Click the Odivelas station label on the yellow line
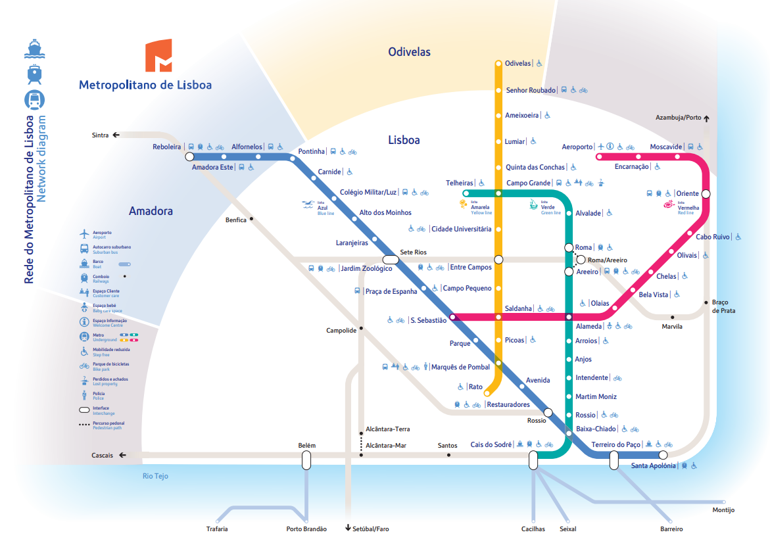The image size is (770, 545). pos(517,63)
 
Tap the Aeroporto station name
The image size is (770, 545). pos(577,147)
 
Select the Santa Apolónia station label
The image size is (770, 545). pos(653,466)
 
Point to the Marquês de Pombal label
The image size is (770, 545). pos(461,367)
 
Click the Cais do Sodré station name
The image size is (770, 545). pos(491,444)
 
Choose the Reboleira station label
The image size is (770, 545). pos(166,147)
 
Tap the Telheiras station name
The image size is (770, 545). pos(460,183)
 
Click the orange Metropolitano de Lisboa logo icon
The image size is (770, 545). pos(158,56)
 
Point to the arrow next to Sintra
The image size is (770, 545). pos(116,135)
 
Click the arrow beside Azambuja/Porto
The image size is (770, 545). pos(706,118)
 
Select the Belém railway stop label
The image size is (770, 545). pos(307,445)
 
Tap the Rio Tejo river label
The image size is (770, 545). pos(156,476)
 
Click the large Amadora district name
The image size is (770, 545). pos(151,211)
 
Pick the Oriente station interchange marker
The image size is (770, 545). pos(706,194)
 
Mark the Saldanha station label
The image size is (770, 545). pos(518,308)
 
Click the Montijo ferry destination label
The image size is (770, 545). pos(723,510)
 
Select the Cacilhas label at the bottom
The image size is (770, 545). pos(533,529)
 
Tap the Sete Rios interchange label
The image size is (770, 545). pos(414,252)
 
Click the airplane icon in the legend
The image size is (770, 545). pos(84,234)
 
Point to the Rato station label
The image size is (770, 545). pos(475,387)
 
